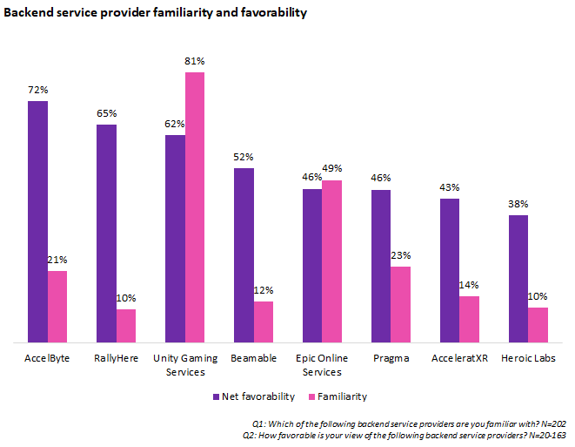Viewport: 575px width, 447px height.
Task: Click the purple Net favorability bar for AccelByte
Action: pos(37,221)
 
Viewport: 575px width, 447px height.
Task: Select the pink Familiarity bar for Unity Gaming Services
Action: pos(195,207)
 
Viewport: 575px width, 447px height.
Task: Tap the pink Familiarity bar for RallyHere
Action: pos(126,325)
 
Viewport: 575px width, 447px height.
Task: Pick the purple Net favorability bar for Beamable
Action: pos(244,254)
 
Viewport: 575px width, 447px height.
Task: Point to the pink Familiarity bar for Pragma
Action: pos(400,304)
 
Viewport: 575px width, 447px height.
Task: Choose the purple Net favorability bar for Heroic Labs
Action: pos(518,278)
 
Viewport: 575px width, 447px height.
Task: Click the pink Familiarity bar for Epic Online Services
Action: pos(331,261)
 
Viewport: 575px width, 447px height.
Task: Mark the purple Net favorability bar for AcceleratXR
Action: pos(450,270)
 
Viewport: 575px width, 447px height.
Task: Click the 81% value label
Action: pos(195,62)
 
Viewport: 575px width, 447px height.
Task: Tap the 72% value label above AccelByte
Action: pos(37,91)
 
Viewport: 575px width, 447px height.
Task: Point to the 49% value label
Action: pos(332,169)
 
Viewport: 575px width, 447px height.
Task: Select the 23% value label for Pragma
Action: pos(401,256)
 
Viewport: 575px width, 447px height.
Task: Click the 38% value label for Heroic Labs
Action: pos(518,205)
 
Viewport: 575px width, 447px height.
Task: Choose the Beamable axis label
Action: pos(254,358)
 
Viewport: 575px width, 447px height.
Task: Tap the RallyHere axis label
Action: pos(117,358)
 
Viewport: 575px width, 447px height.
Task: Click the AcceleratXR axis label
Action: pos(460,358)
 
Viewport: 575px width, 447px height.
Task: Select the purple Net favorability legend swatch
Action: pos(217,396)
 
